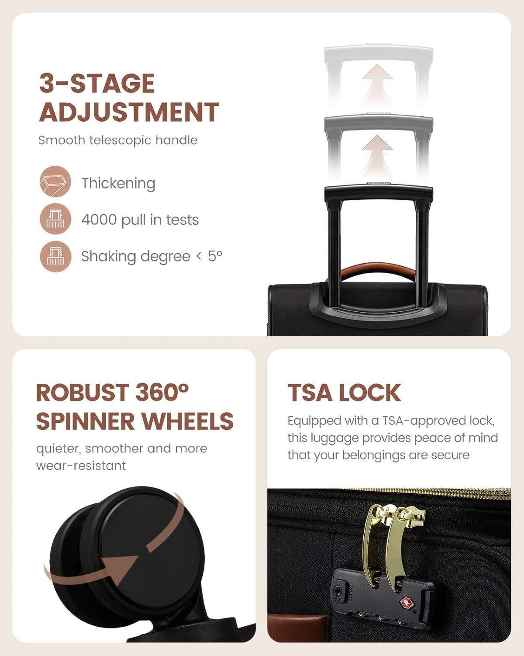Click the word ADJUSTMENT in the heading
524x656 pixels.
[x=129, y=112]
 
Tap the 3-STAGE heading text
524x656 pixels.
[x=97, y=83]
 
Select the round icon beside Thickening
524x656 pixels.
[x=55, y=181]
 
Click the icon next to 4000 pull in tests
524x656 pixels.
[x=55, y=219]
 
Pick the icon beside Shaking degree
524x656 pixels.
[x=55, y=256]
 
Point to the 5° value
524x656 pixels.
[x=215, y=256]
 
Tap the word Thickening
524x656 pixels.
[x=118, y=184]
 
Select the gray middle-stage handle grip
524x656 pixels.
[x=379, y=122]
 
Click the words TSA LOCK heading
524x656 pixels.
[x=344, y=393]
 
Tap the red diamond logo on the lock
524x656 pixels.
[x=406, y=602]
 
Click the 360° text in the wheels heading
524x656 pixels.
[x=162, y=393]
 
